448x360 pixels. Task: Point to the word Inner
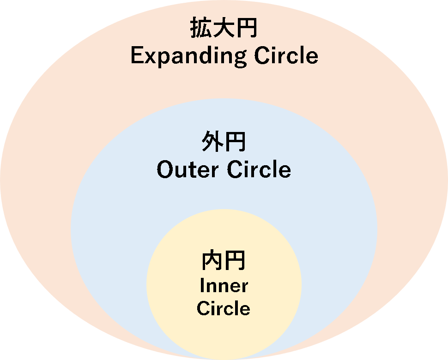[224, 286]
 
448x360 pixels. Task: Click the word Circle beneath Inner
[224, 308]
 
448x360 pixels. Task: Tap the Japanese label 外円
[224, 143]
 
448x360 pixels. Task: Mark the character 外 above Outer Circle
[212, 143]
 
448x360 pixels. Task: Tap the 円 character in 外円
[235, 143]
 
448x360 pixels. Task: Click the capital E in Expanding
[137, 55]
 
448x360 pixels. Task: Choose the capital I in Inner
[202, 286]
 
